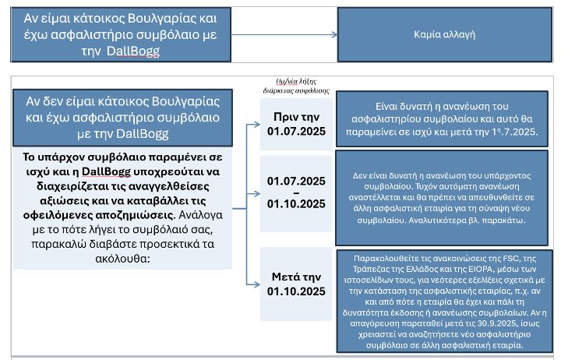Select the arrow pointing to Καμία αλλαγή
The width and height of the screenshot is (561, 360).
pos(285,35)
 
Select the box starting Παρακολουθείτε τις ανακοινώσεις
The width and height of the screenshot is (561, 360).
pos(443,301)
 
